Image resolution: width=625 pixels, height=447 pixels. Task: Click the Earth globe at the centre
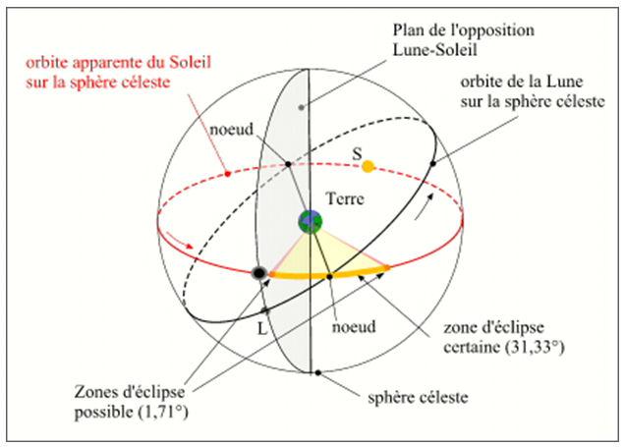pyautogui.click(x=311, y=221)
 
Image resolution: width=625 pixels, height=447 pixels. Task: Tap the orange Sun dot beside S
pyautogui.click(x=369, y=167)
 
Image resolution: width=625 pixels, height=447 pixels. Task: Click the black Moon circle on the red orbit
pyautogui.click(x=259, y=273)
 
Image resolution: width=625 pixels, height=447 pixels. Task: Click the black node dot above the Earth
pyautogui.click(x=287, y=164)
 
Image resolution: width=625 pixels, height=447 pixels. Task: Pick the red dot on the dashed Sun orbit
pyautogui.click(x=227, y=175)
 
